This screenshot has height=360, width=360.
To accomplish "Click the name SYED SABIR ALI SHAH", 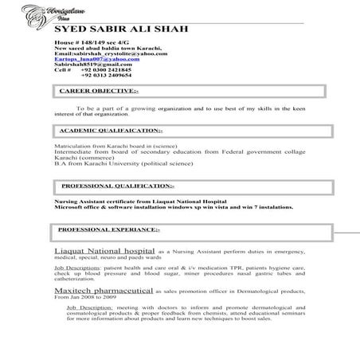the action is click(x=120, y=29).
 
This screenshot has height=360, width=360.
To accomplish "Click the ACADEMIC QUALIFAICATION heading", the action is click(x=112, y=130).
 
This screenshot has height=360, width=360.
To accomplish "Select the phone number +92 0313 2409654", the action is click(x=112, y=76).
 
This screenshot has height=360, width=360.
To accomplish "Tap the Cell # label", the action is click(x=63, y=70).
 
